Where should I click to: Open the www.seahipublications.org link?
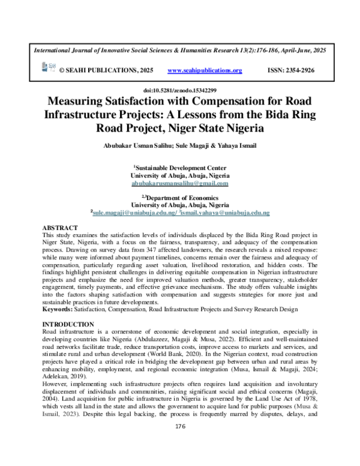pyautogui.click(x=205, y=71)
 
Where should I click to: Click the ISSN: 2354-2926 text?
pyautogui.click(x=289, y=71)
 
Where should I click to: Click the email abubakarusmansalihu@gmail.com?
pyautogui.click(x=180, y=183)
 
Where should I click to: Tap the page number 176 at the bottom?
pyautogui.click(x=179, y=443)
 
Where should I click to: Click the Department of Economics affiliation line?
pyautogui.click(x=180, y=197)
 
